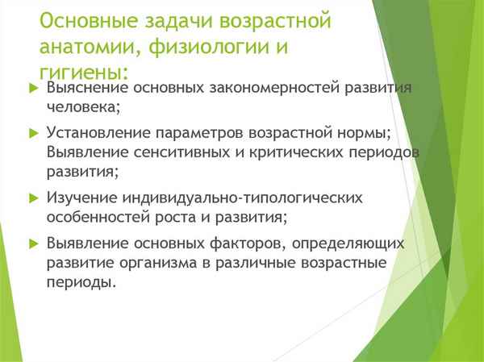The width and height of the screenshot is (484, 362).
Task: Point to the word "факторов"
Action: (x=252, y=243)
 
